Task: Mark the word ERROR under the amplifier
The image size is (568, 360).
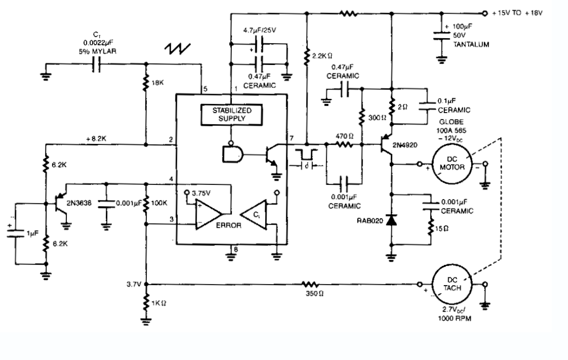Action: (229, 225)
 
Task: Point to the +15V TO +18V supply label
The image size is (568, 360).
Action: (517, 13)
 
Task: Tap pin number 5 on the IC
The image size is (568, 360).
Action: (205, 88)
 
